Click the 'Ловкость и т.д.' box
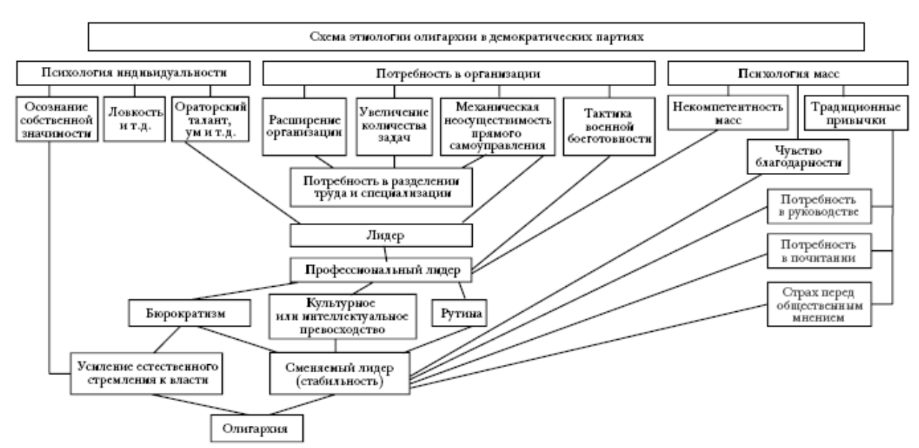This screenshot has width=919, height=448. point(133,120)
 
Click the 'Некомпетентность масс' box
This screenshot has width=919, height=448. point(725,113)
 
